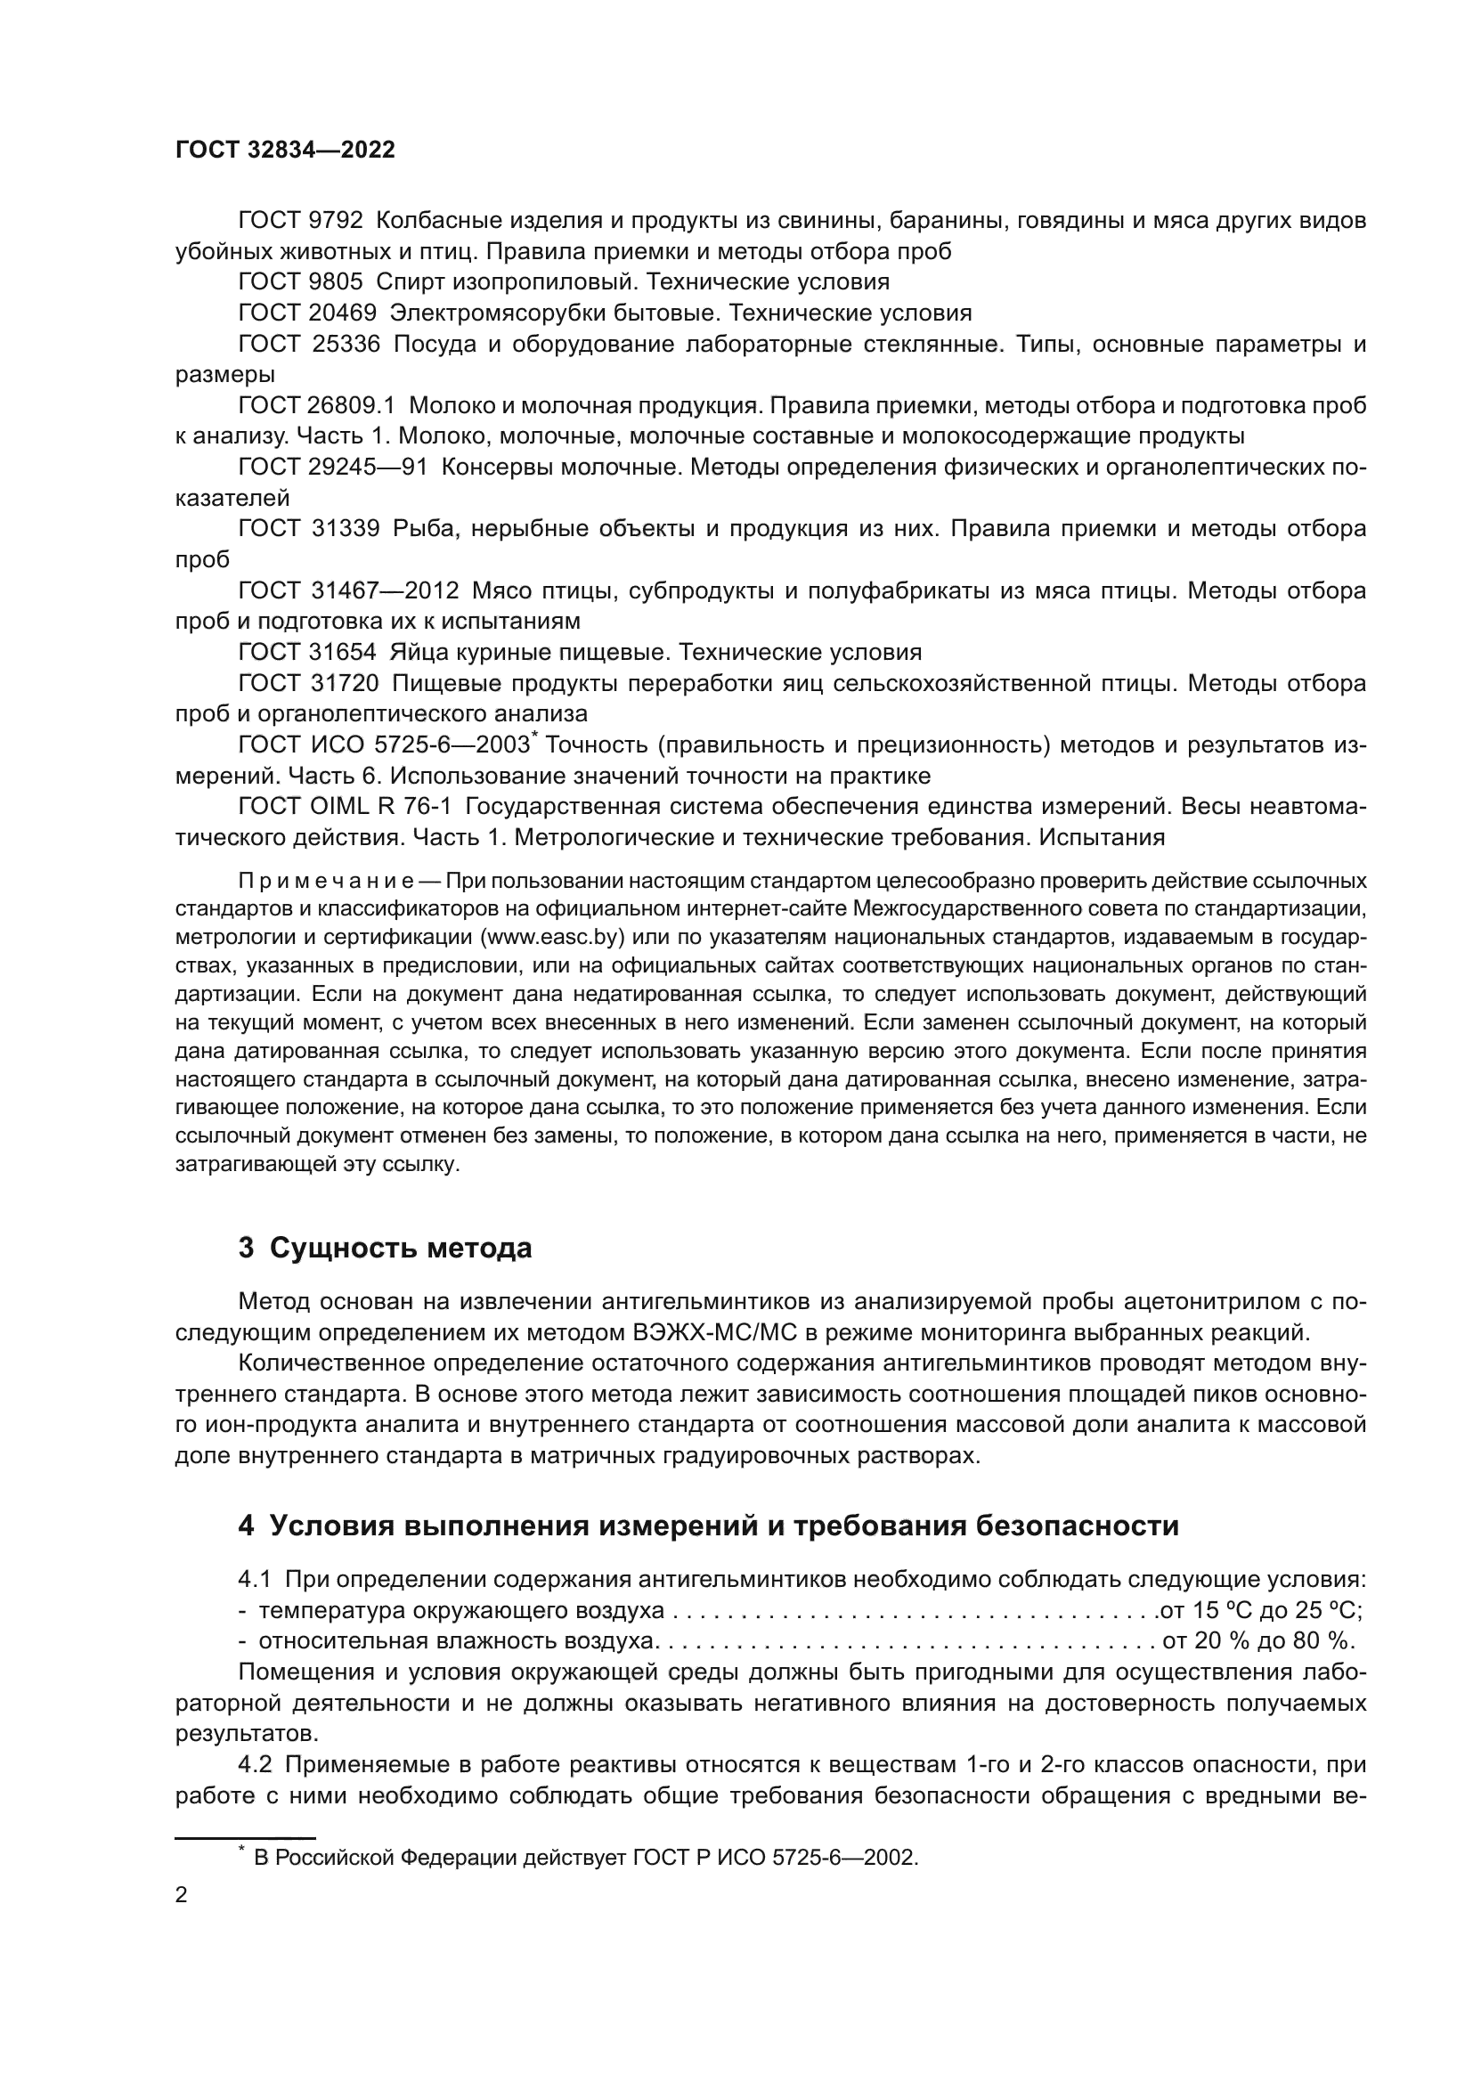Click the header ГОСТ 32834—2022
[285, 151]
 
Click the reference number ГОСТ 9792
[300, 221]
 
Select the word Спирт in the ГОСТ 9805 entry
[405, 281]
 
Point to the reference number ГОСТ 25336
[308, 345]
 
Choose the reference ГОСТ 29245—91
[332, 468]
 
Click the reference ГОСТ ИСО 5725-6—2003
[384, 745]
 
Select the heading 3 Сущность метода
[385, 1249]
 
